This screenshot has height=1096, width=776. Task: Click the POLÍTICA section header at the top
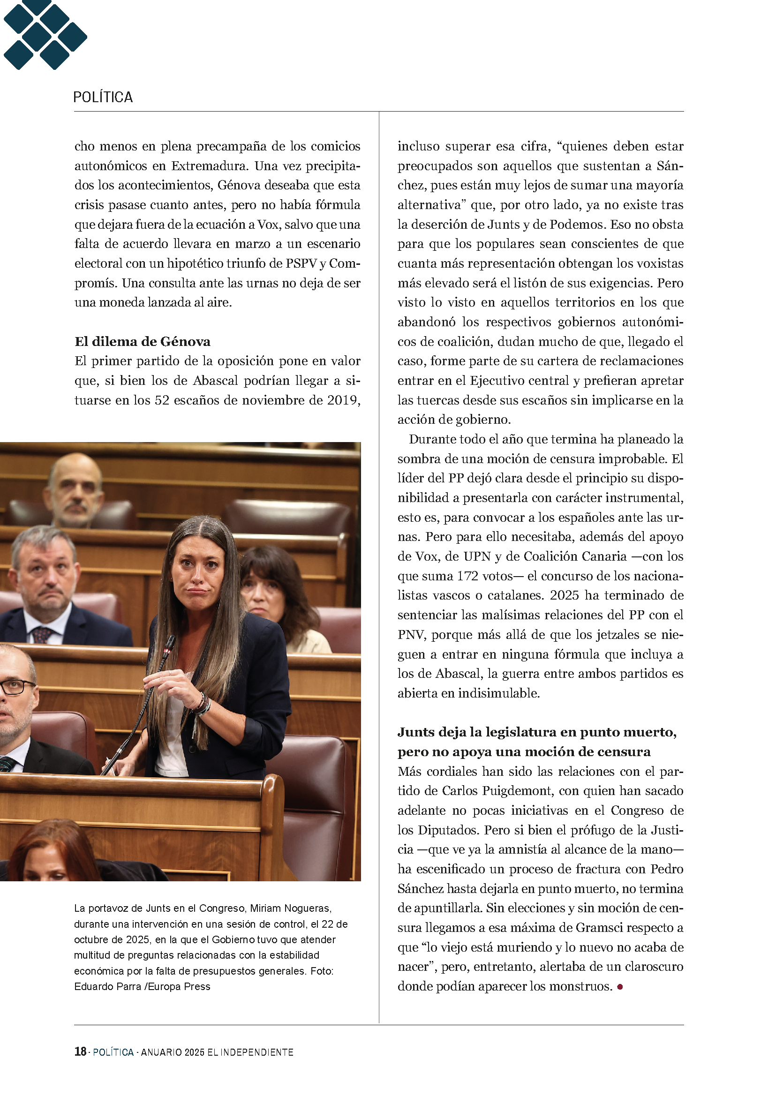(x=103, y=98)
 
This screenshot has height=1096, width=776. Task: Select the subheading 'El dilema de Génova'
(x=143, y=342)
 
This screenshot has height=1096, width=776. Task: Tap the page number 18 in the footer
(x=80, y=1051)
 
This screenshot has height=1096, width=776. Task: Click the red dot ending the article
(x=620, y=987)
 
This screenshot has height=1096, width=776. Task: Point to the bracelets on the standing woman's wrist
(x=203, y=705)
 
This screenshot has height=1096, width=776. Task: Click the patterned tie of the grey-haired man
(x=42, y=634)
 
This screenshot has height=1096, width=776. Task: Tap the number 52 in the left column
(x=162, y=400)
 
